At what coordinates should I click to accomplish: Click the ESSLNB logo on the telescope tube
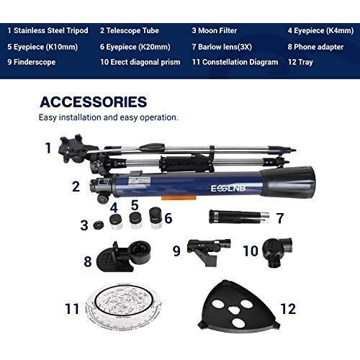pyautogui.click(x=228, y=189)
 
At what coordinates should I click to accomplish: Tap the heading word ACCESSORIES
pyautogui.click(x=94, y=102)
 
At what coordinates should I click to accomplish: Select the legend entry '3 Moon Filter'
pyautogui.click(x=215, y=31)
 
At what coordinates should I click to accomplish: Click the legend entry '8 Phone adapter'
pyautogui.click(x=315, y=47)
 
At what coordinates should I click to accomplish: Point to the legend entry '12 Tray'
pyautogui.click(x=300, y=62)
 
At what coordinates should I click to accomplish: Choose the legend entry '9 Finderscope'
pyautogui.click(x=32, y=62)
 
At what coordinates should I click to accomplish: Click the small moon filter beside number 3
pyautogui.click(x=99, y=225)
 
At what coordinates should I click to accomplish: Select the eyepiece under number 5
pyautogui.click(x=135, y=220)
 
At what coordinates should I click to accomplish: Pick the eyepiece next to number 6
pyautogui.click(x=156, y=218)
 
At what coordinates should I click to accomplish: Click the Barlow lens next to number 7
pyautogui.click(x=239, y=217)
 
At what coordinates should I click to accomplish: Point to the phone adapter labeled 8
pyautogui.click(x=123, y=256)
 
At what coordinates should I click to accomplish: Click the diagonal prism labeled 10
pyautogui.click(x=277, y=252)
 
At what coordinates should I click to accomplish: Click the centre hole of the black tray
pyautogui.click(x=233, y=310)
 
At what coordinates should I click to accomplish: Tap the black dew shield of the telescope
pyautogui.click(x=288, y=181)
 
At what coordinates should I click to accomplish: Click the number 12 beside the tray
pyautogui.click(x=288, y=309)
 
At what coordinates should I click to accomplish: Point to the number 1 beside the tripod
pyautogui.click(x=48, y=148)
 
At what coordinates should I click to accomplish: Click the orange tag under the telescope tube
pyautogui.click(x=179, y=198)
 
